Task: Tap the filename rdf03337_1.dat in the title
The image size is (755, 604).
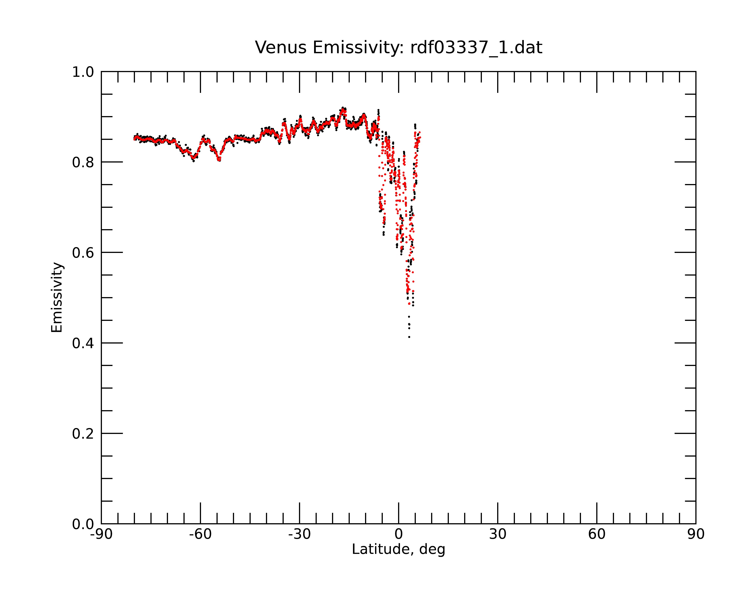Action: tap(476, 48)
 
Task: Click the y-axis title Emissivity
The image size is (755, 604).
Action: tap(57, 297)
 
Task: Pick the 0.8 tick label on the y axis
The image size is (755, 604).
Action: tap(83, 163)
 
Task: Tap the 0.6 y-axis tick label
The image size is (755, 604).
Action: tap(83, 253)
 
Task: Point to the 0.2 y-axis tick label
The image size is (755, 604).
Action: tap(83, 434)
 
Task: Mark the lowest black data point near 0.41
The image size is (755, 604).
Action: tap(409, 337)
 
